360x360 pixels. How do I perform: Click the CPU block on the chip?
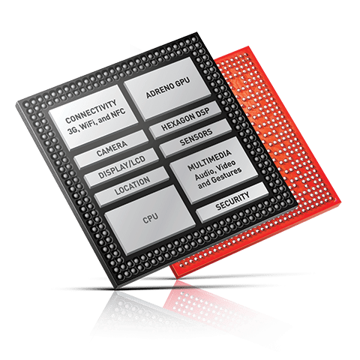(x=150, y=220)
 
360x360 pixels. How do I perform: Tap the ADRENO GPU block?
(x=168, y=88)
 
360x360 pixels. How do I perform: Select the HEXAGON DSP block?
(x=185, y=120)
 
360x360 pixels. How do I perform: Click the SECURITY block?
(x=232, y=202)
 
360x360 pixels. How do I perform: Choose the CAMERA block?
(x=112, y=149)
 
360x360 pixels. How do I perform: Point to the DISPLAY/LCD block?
(x=121, y=167)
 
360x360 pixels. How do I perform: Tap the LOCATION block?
(x=132, y=186)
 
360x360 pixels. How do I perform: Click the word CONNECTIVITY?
(x=91, y=111)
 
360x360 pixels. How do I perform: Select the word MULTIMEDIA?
(x=209, y=160)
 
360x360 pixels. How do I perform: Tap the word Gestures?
(x=226, y=175)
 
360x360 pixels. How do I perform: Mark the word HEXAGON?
(x=178, y=122)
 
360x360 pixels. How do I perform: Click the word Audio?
(x=204, y=174)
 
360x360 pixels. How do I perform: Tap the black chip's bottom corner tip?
(x=116, y=287)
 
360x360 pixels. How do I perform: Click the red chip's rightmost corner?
(x=340, y=202)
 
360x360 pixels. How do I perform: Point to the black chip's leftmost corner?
(x=16, y=103)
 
